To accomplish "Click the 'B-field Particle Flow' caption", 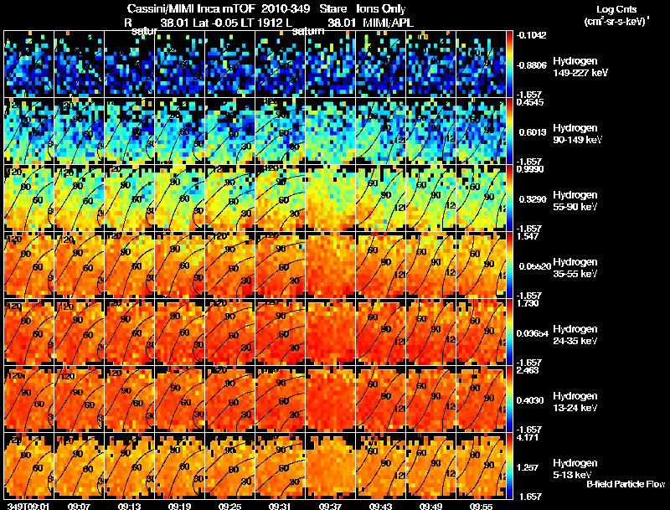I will pos(625,484).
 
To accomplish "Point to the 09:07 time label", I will pos(80,505).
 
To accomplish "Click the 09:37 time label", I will pos(331,505).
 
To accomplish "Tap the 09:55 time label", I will pos(482,505).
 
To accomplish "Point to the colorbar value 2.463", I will pos(529,370).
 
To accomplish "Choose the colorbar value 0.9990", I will pos(529,169).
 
